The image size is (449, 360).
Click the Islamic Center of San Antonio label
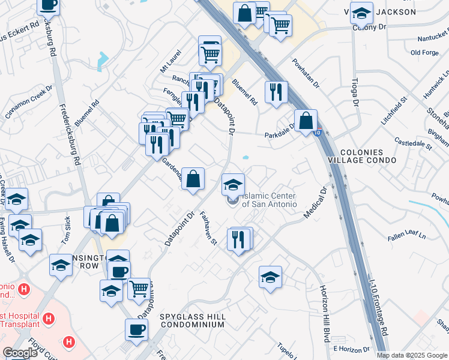270,200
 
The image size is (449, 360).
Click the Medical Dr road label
315,204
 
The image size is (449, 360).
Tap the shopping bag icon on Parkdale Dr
306,120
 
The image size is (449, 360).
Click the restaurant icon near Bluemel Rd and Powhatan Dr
276,92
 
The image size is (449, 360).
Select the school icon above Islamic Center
233,184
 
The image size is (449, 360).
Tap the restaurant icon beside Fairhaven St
239,239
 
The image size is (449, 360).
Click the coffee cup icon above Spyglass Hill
136,329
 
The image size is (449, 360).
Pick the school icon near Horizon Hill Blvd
271,277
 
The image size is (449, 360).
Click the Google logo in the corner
20,353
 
